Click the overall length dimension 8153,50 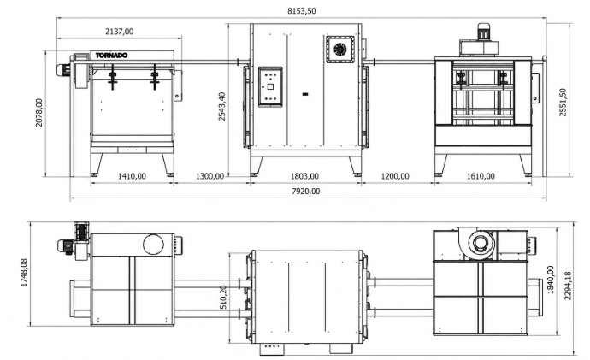point(301,11)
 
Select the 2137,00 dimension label point(119,32)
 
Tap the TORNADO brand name point(111,56)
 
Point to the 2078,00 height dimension point(39,113)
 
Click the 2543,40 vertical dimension point(222,106)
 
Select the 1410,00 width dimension point(132,176)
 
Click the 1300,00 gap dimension point(210,176)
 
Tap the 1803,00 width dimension point(304,176)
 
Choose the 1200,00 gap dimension point(395,176)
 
